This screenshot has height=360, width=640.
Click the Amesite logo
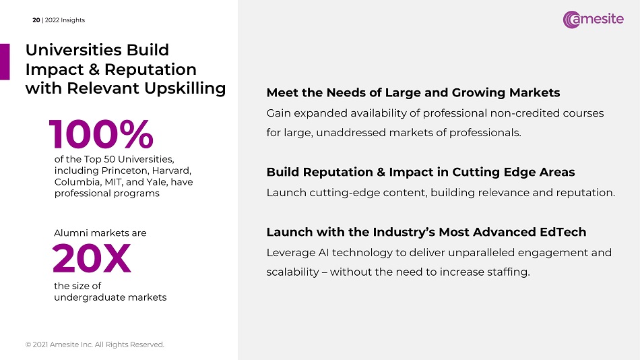pos(593,19)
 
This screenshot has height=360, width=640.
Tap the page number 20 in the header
pos(36,20)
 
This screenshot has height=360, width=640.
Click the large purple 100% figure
pos(101,134)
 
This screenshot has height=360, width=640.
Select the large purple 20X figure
pos(92,258)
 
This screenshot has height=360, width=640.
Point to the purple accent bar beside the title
pos(5,62)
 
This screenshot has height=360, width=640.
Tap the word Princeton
pos(124,171)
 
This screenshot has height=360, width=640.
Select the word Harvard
pos(171,171)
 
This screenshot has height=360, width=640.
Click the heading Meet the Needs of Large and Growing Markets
pos(413,93)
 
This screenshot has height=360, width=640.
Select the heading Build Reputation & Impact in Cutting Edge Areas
pos(420,172)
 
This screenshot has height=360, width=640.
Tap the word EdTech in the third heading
pos(563,232)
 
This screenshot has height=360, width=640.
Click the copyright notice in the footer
pos(95,344)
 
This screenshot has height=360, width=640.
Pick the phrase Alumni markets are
pos(100,233)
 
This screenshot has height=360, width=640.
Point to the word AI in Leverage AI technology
pos(323,253)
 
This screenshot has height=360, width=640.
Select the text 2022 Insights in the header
pos(65,20)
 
